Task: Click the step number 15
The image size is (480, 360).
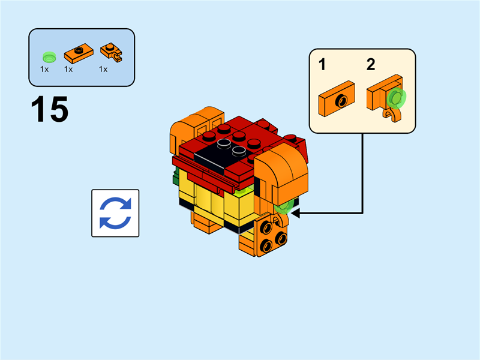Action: [50, 109]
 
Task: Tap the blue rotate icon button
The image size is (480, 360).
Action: [115, 213]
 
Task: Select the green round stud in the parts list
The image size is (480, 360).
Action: [49, 57]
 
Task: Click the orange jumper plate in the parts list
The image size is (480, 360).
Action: [78, 53]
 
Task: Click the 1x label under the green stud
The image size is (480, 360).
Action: [44, 70]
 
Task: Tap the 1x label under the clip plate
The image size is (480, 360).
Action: [103, 70]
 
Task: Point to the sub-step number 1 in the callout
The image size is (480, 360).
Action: [322, 65]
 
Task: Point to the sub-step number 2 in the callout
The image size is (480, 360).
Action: [371, 65]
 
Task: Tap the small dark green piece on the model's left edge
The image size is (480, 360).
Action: [174, 177]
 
